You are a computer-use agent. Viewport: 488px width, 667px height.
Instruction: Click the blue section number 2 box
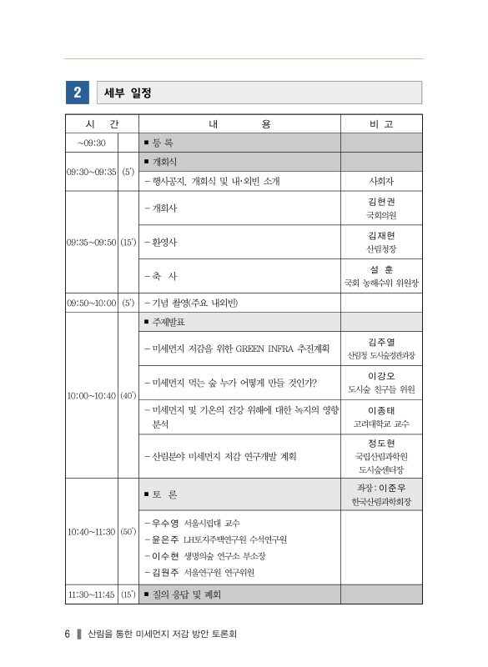77,92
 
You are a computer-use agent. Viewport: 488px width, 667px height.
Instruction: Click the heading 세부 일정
126,92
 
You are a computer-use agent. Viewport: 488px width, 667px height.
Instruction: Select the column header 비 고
381,123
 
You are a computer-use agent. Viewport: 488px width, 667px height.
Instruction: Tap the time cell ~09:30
92,143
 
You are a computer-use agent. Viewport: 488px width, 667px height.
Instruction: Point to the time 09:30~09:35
92,171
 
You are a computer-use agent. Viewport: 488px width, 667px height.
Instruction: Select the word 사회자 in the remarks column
381,180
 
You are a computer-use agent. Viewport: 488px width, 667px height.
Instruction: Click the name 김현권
381,201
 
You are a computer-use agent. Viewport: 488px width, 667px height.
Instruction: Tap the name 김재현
381,235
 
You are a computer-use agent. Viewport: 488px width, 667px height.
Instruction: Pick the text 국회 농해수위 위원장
381,283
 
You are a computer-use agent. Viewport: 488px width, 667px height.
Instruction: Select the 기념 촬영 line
197,302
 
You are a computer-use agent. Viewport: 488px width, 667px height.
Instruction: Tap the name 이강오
381,376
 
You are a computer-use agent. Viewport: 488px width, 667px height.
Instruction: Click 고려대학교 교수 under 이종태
381,424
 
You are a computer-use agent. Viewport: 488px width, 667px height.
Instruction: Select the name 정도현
381,442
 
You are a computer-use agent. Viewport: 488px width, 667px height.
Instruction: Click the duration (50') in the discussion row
128,530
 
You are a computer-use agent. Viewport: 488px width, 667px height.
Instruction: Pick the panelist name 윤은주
165,539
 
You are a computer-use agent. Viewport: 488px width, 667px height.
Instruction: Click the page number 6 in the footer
67,634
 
